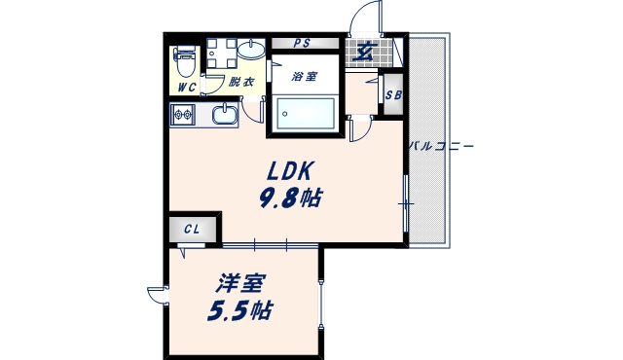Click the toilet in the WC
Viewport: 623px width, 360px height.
point(185,60)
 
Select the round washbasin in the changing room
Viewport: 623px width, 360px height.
point(251,48)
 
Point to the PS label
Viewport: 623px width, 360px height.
point(302,43)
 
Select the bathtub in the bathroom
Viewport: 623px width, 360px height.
point(304,114)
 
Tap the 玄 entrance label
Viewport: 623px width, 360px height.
point(363,53)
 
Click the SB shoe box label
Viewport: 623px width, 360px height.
point(393,94)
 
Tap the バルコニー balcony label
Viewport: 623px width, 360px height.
point(440,146)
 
